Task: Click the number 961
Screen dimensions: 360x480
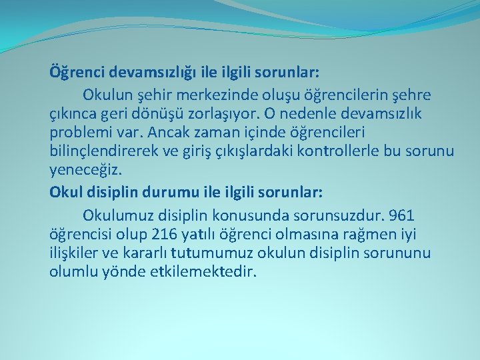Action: (400, 215)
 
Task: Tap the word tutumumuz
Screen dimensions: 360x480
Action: (212, 253)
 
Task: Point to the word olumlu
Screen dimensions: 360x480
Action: (73, 272)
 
